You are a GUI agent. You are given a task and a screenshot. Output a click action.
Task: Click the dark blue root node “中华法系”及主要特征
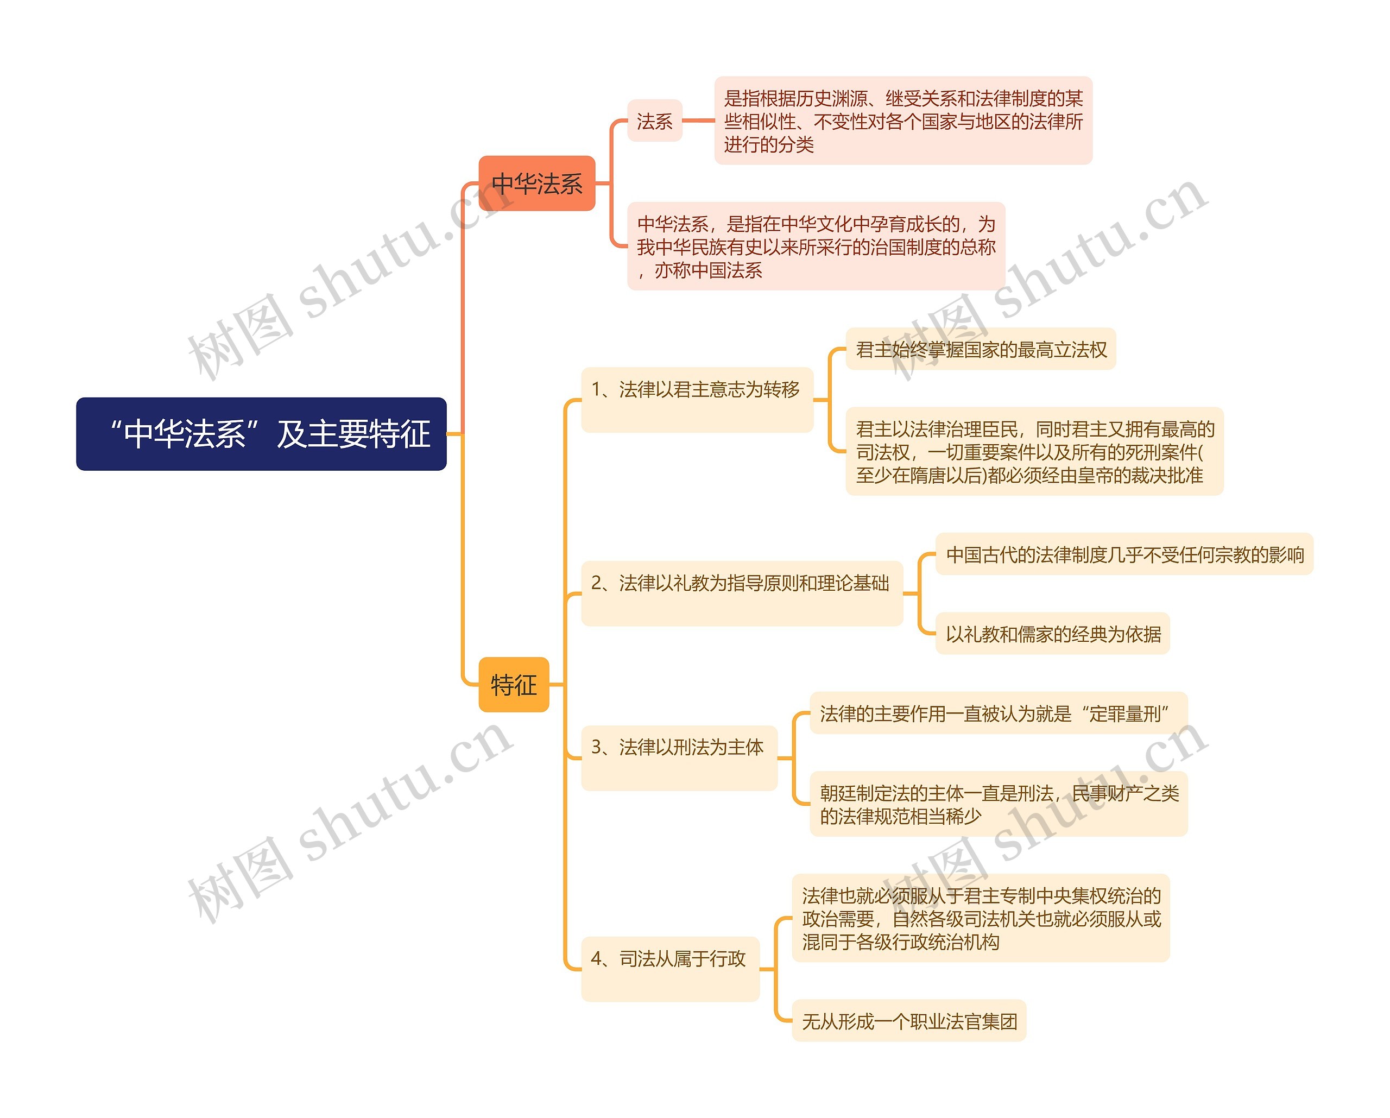pyautogui.click(x=261, y=433)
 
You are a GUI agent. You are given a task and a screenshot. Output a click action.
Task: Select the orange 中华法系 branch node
pyautogui.click(x=536, y=183)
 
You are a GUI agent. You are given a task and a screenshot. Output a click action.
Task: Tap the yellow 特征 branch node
pyautogui.click(x=513, y=684)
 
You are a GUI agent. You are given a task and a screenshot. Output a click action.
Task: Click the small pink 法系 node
pyautogui.click(x=654, y=121)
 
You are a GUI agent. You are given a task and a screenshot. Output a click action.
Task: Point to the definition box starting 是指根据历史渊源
pyautogui.click(x=902, y=121)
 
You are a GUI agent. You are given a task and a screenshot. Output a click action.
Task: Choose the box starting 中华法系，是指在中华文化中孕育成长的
pyautogui.click(x=816, y=247)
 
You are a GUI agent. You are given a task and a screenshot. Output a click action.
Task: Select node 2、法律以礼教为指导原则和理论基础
pyautogui.click(x=741, y=592)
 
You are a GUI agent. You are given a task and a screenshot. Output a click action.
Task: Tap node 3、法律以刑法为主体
pyautogui.click(x=678, y=757)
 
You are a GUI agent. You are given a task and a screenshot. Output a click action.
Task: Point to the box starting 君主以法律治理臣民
pyautogui.click(x=1033, y=451)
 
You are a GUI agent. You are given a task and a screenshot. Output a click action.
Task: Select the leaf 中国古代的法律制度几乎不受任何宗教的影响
pyautogui.click(x=1124, y=554)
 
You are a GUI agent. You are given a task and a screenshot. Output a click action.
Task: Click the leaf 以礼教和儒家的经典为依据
pyautogui.click(x=1052, y=633)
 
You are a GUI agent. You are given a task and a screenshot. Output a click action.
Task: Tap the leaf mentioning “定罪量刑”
pyautogui.click(x=998, y=713)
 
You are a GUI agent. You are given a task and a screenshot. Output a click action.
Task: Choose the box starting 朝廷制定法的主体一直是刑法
pyautogui.click(x=998, y=804)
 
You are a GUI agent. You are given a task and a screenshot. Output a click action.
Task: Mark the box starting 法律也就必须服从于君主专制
pyautogui.click(x=980, y=918)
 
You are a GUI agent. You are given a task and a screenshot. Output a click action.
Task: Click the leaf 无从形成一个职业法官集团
pyautogui.click(x=908, y=1021)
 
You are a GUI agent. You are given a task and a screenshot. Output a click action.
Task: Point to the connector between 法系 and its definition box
pyautogui.click(x=698, y=120)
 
